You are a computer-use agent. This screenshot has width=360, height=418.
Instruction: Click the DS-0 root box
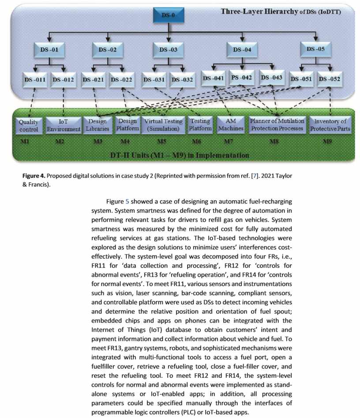167,16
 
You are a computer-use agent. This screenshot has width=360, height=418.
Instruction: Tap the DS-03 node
168,49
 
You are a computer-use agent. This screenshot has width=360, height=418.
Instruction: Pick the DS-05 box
315,49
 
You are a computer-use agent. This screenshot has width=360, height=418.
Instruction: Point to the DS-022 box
121,79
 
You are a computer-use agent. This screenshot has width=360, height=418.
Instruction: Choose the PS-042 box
242,78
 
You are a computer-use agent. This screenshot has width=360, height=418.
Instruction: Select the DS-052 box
329,79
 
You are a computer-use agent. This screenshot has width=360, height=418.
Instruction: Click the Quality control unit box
28,125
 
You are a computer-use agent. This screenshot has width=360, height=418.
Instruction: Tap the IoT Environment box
64,125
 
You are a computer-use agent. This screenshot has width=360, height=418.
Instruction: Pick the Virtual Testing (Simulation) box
162,125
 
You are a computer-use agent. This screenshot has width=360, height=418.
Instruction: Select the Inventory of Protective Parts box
330,125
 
